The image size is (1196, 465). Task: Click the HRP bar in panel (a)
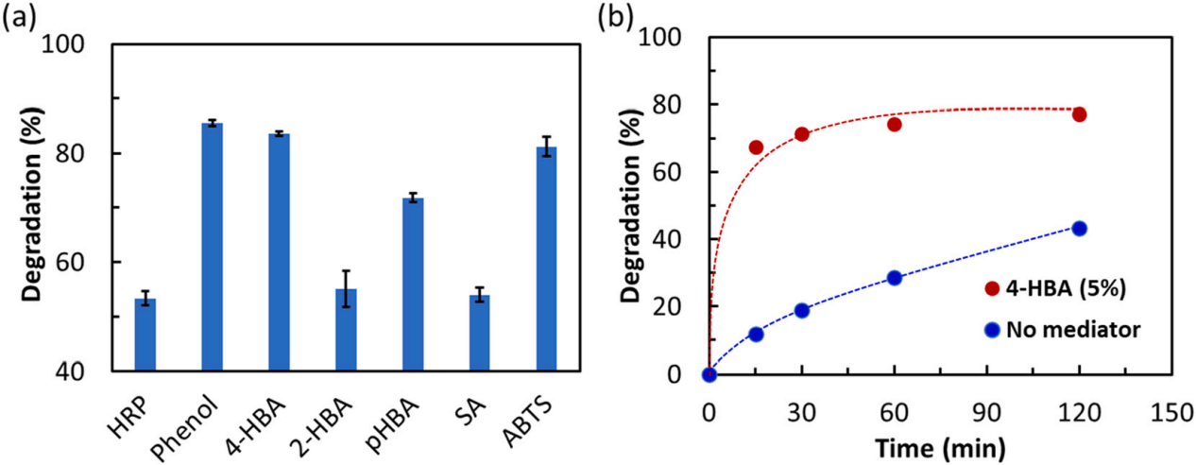pyautogui.click(x=145, y=335)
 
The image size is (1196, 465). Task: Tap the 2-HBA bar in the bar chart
pyautogui.click(x=346, y=330)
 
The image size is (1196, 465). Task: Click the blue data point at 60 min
pyautogui.click(x=894, y=278)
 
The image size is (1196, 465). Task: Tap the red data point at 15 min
pyautogui.click(x=756, y=147)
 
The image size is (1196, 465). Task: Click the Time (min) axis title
pyautogui.click(x=939, y=444)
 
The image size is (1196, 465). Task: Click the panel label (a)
pyautogui.click(x=20, y=16)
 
